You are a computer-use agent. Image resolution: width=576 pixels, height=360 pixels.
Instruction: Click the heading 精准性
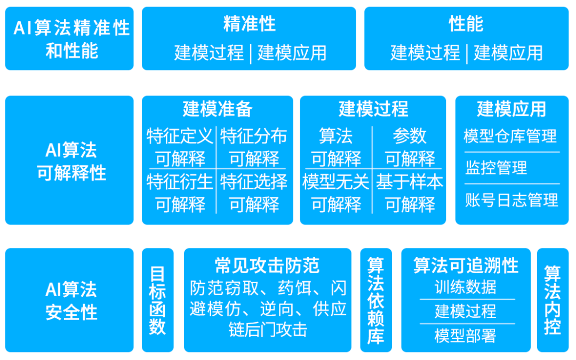(250, 24)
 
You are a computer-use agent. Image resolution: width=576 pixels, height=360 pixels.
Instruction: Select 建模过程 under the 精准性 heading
(209, 52)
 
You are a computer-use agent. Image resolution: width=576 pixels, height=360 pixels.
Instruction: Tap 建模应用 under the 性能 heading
(508, 52)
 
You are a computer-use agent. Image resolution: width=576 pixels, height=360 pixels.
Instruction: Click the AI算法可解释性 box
(69, 160)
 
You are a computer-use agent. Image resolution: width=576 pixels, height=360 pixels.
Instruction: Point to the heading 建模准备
(218, 109)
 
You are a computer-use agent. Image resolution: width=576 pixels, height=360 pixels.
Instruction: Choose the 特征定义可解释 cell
(180, 147)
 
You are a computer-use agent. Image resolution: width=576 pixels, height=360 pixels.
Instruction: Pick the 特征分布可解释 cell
(254, 147)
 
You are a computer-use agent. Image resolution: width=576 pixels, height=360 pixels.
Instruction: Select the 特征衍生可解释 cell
(180, 193)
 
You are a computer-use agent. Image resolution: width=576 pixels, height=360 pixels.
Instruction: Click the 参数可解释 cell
(410, 147)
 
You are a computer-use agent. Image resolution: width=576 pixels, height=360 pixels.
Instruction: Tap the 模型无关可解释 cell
(336, 193)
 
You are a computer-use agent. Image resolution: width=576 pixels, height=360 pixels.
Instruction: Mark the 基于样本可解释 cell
(410, 193)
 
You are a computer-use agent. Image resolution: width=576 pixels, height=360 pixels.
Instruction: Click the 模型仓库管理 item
(510, 136)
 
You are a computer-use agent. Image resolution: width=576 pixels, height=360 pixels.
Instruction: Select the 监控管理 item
(497, 168)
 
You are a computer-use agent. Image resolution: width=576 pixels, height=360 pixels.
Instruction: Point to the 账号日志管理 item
(511, 200)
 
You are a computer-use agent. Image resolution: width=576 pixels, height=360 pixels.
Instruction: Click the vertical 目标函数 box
(157, 300)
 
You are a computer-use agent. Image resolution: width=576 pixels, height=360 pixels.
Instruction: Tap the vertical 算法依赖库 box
(376, 300)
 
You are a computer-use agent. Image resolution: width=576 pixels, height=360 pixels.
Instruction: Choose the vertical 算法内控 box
(553, 300)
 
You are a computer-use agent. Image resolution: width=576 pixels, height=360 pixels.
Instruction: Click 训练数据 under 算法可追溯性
(466, 287)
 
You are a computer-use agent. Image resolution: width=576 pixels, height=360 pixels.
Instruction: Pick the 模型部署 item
(466, 336)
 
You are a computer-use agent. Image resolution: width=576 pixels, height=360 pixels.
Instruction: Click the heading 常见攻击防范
(267, 266)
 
